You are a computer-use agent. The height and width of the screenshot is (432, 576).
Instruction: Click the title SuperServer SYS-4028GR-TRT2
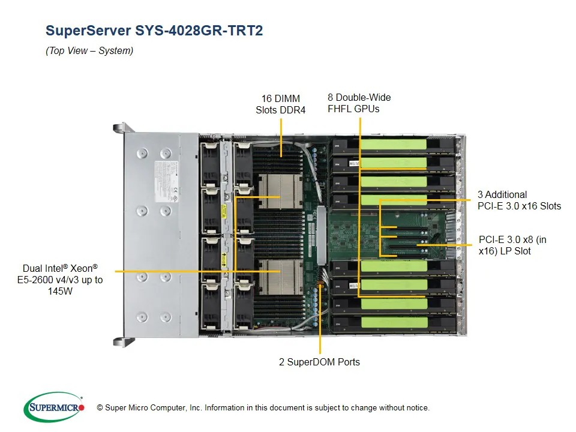click(x=154, y=31)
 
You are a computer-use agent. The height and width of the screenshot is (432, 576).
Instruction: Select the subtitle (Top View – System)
click(x=89, y=51)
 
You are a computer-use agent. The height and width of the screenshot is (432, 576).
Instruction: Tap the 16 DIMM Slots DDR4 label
click(x=281, y=104)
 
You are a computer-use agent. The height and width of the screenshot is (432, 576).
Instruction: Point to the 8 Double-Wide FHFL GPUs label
click(x=359, y=103)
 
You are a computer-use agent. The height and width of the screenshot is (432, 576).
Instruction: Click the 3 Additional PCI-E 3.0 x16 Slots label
click(x=519, y=200)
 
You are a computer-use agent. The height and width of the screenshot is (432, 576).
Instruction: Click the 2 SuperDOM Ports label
click(x=319, y=362)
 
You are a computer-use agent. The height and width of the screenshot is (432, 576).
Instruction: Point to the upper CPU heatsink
click(x=278, y=191)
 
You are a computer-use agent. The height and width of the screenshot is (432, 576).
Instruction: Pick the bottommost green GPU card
click(x=393, y=323)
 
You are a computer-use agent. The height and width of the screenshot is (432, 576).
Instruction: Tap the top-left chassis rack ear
click(x=120, y=128)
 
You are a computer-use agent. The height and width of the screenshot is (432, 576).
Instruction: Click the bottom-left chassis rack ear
click(x=120, y=341)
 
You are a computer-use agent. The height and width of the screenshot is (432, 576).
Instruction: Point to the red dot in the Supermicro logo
click(x=82, y=408)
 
